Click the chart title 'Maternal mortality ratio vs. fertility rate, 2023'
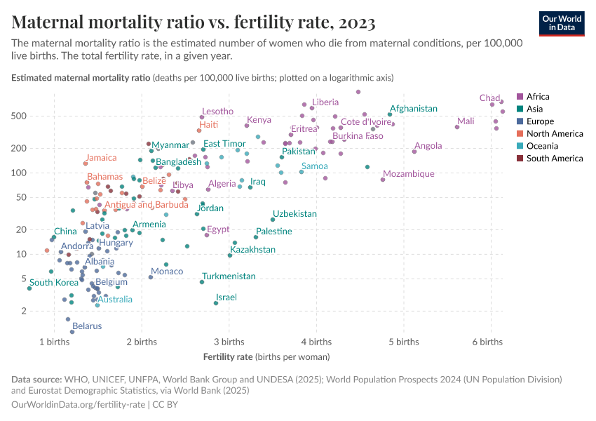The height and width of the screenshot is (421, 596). (194, 22)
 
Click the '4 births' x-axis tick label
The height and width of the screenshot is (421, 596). (316, 342)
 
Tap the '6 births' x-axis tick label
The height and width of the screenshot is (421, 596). (487, 342)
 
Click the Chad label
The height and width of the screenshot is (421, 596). (489, 98)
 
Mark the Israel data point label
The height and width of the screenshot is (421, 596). (226, 298)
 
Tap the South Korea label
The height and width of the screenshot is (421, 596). (53, 283)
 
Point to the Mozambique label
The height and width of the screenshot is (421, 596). (409, 173)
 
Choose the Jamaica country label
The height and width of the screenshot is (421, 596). (102, 158)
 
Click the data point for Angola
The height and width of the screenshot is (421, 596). (414, 152)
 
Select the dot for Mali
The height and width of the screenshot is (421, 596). (457, 127)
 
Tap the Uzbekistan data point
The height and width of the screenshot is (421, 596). (273, 220)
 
